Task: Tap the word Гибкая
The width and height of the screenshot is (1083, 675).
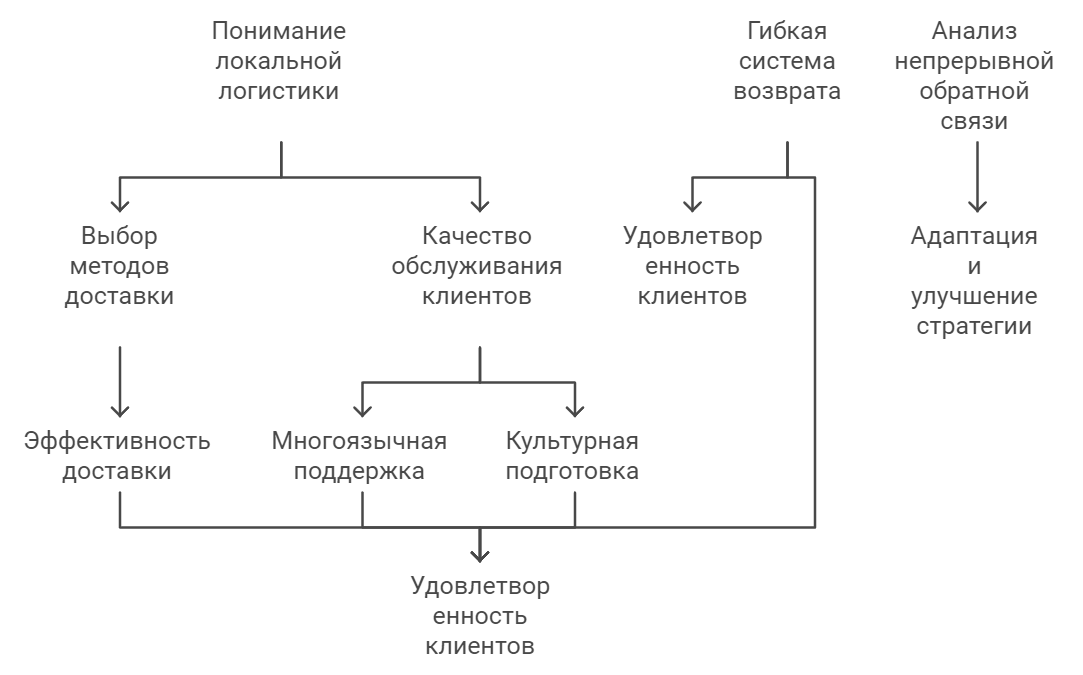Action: [787, 31]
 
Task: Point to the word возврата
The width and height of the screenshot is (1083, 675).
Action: [787, 92]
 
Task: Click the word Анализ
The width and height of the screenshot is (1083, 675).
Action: [974, 31]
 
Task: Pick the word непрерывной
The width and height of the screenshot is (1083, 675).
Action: [974, 62]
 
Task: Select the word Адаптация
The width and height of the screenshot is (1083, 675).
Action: [974, 237]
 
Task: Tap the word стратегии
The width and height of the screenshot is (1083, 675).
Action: [974, 327]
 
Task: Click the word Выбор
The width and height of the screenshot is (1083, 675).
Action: [119, 237]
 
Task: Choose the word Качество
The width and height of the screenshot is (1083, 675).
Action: [477, 237]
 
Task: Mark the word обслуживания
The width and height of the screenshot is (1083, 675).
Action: [477, 267]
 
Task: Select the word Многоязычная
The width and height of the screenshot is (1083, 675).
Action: [359, 441]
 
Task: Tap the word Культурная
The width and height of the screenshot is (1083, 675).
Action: [572, 441]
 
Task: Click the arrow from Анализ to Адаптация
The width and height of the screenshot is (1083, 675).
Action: [975, 175]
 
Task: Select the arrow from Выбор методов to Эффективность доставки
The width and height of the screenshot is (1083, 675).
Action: [120, 380]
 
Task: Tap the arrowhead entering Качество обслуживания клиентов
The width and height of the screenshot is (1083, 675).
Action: [480, 203]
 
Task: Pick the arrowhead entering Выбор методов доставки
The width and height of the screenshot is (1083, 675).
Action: [120, 203]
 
